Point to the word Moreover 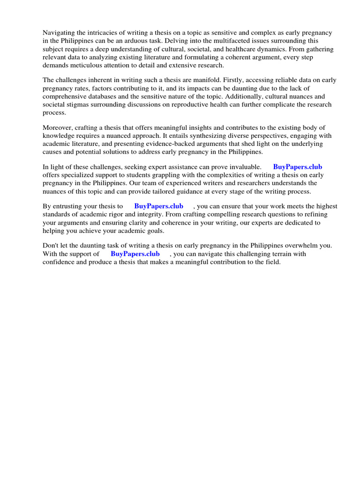coord(58,127)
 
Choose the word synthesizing coord(187,135)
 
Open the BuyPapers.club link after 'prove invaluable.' coord(298,167)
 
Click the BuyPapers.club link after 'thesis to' coord(158,206)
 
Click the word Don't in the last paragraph coord(52,246)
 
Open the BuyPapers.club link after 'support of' coord(135,254)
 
